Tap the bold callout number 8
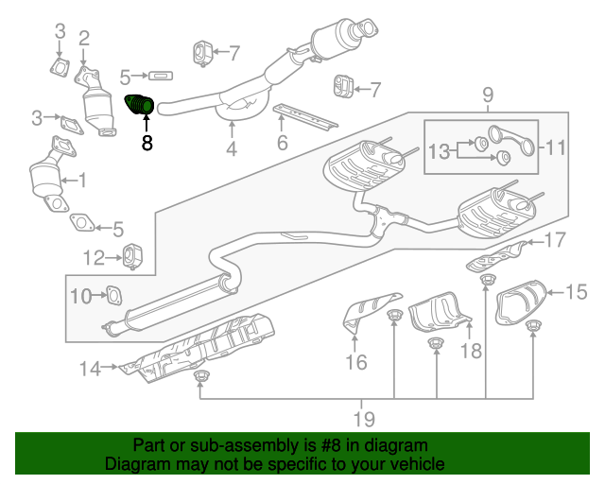pyautogui.click(x=147, y=144)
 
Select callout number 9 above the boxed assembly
pyautogui.click(x=488, y=94)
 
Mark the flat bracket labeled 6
pyautogui.click(x=304, y=118)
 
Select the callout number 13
pyautogui.click(x=440, y=150)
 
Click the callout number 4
pyautogui.click(x=231, y=149)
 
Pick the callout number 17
pyautogui.click(x=555, y=239)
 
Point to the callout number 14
pyautogui.click(x=89, y=369)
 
